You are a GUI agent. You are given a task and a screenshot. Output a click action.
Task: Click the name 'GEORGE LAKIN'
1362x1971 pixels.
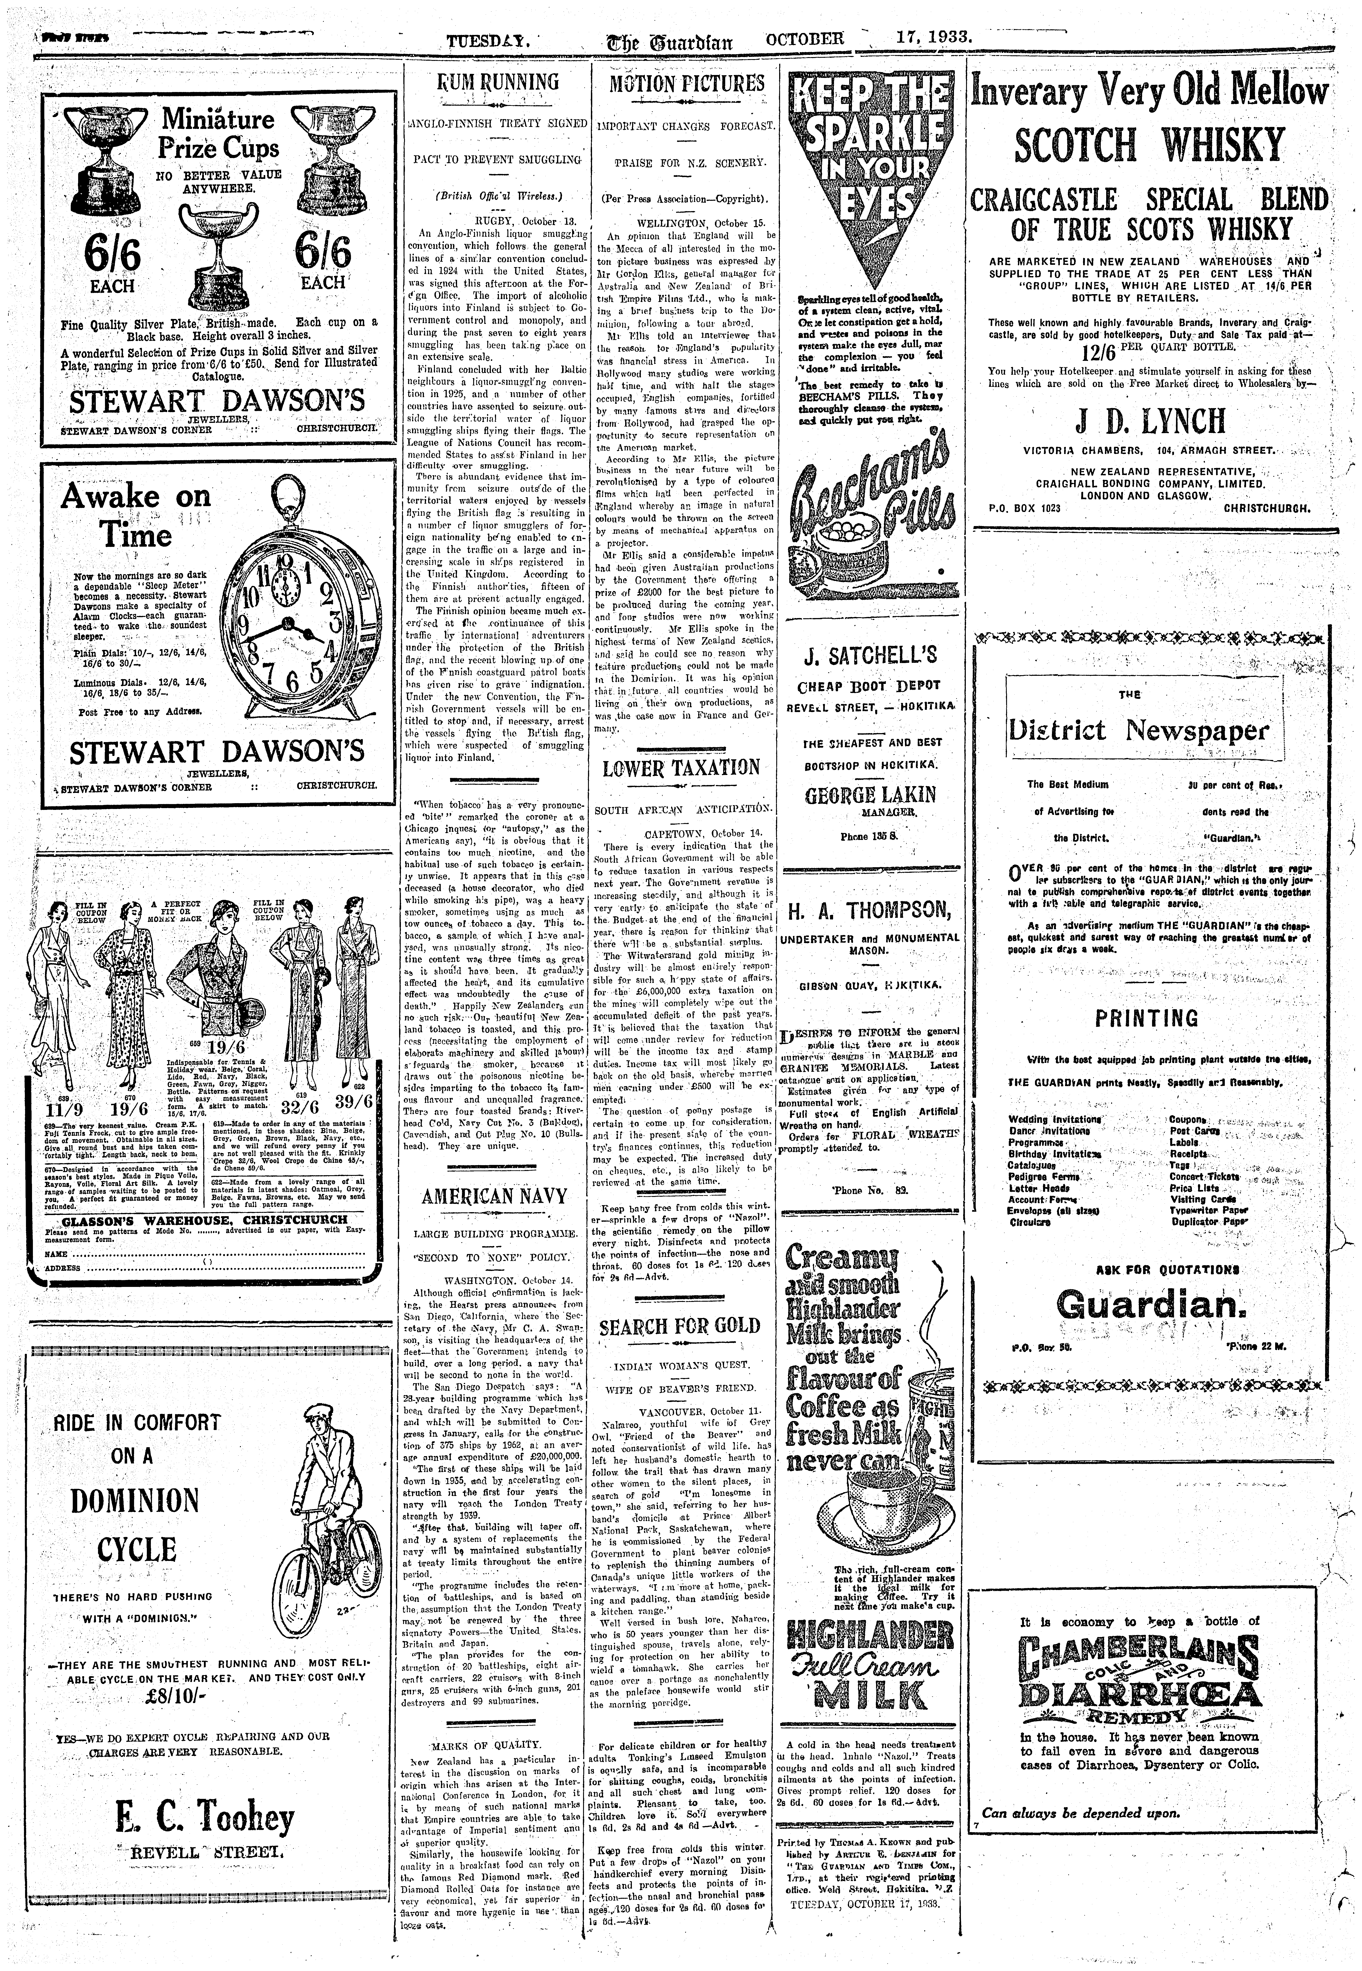tap(870, 794)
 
